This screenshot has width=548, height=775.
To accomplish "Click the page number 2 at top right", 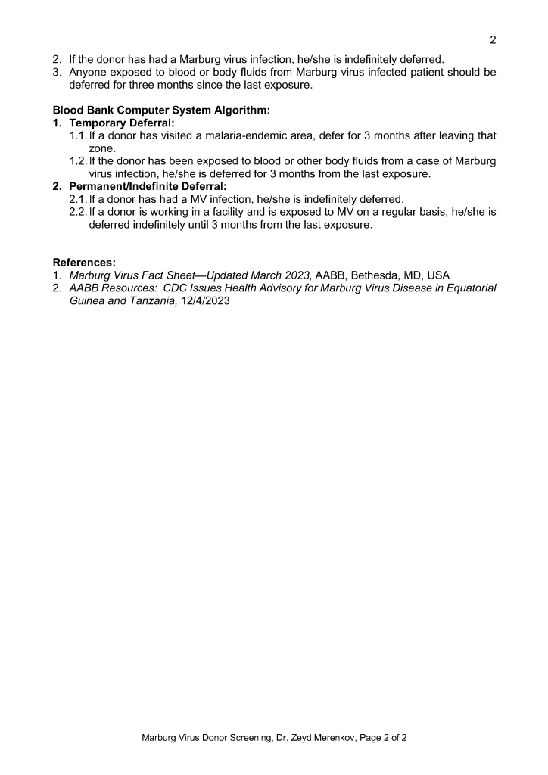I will click(493, 40).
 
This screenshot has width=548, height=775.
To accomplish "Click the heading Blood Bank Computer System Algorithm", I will click(161, 110).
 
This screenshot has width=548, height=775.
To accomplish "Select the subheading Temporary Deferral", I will click(121, 123).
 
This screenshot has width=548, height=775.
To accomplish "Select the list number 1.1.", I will click(77, 135).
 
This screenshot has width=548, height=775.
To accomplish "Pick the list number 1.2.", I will click(77, 161).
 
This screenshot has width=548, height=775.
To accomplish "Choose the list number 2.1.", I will click(77, 199).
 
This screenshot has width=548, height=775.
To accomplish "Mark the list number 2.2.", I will click(77, 212).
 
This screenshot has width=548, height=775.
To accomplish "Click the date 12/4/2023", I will click(204, 300).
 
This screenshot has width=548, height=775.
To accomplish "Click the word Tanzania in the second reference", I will click(151, 300).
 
